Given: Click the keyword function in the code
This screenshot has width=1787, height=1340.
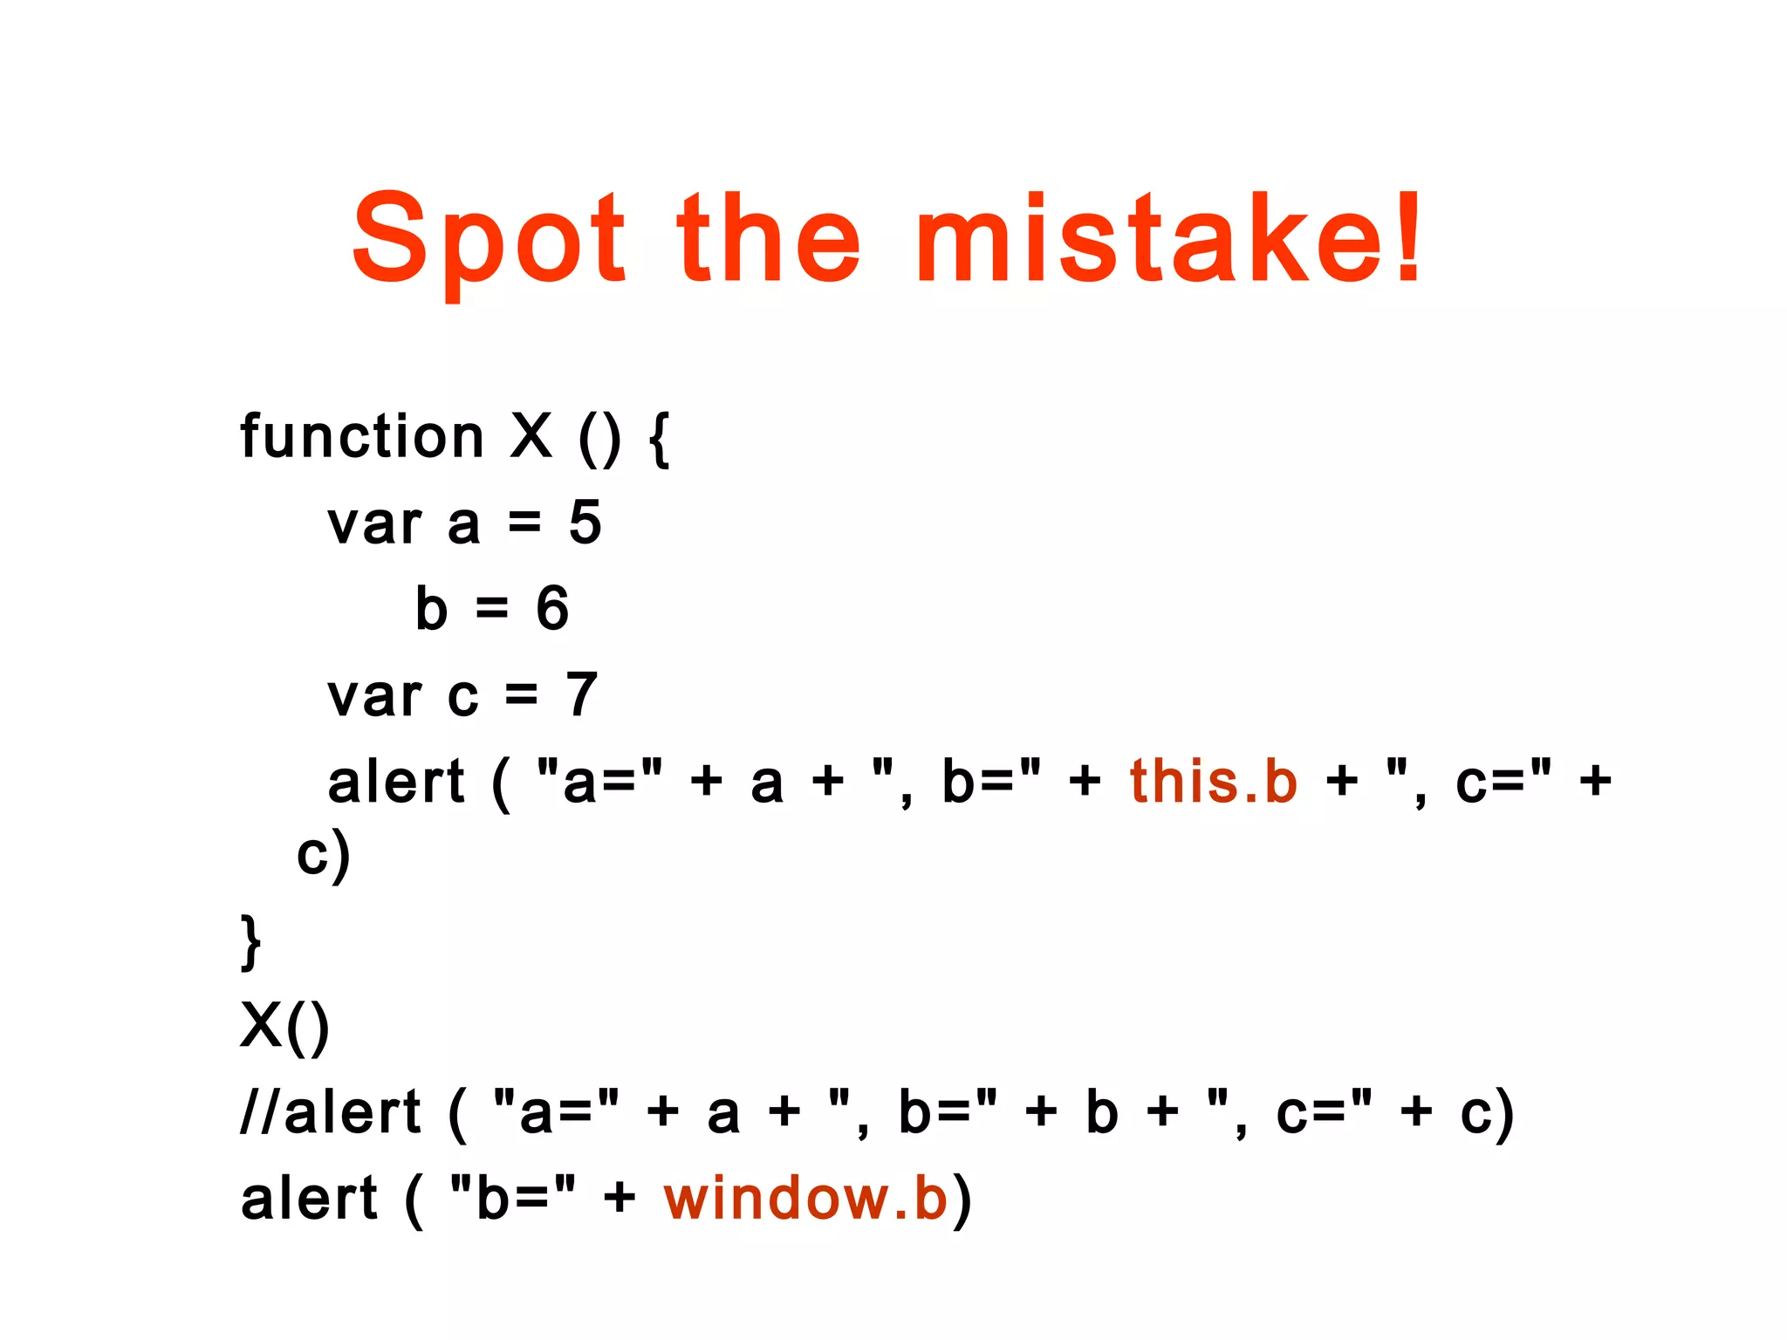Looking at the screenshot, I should pos(361,435).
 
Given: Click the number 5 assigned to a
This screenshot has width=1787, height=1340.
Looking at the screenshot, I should pos(585,523).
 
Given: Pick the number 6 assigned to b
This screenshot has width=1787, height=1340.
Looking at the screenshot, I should pos(552,608).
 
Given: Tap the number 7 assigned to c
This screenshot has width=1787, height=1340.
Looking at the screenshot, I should pos(582,694).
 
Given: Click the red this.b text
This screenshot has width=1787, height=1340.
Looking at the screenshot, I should pos(1214,780).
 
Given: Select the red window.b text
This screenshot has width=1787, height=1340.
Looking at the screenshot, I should pos(805,1198).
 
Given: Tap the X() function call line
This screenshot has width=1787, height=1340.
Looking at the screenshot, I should pos(285,1026).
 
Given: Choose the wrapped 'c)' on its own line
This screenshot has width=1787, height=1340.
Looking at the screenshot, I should pos(323,855).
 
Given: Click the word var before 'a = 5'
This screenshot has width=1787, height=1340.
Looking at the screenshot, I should pos(374,524).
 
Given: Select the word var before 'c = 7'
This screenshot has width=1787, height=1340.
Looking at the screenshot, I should pos(374,696).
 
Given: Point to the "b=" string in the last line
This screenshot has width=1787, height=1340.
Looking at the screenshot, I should pos(513,1198).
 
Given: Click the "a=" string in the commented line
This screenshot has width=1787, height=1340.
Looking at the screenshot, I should pos(556,1112).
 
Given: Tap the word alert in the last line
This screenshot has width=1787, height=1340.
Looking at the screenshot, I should pos(309,1198).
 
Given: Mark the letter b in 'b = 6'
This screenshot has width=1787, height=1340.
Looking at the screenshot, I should pos(432,608).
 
